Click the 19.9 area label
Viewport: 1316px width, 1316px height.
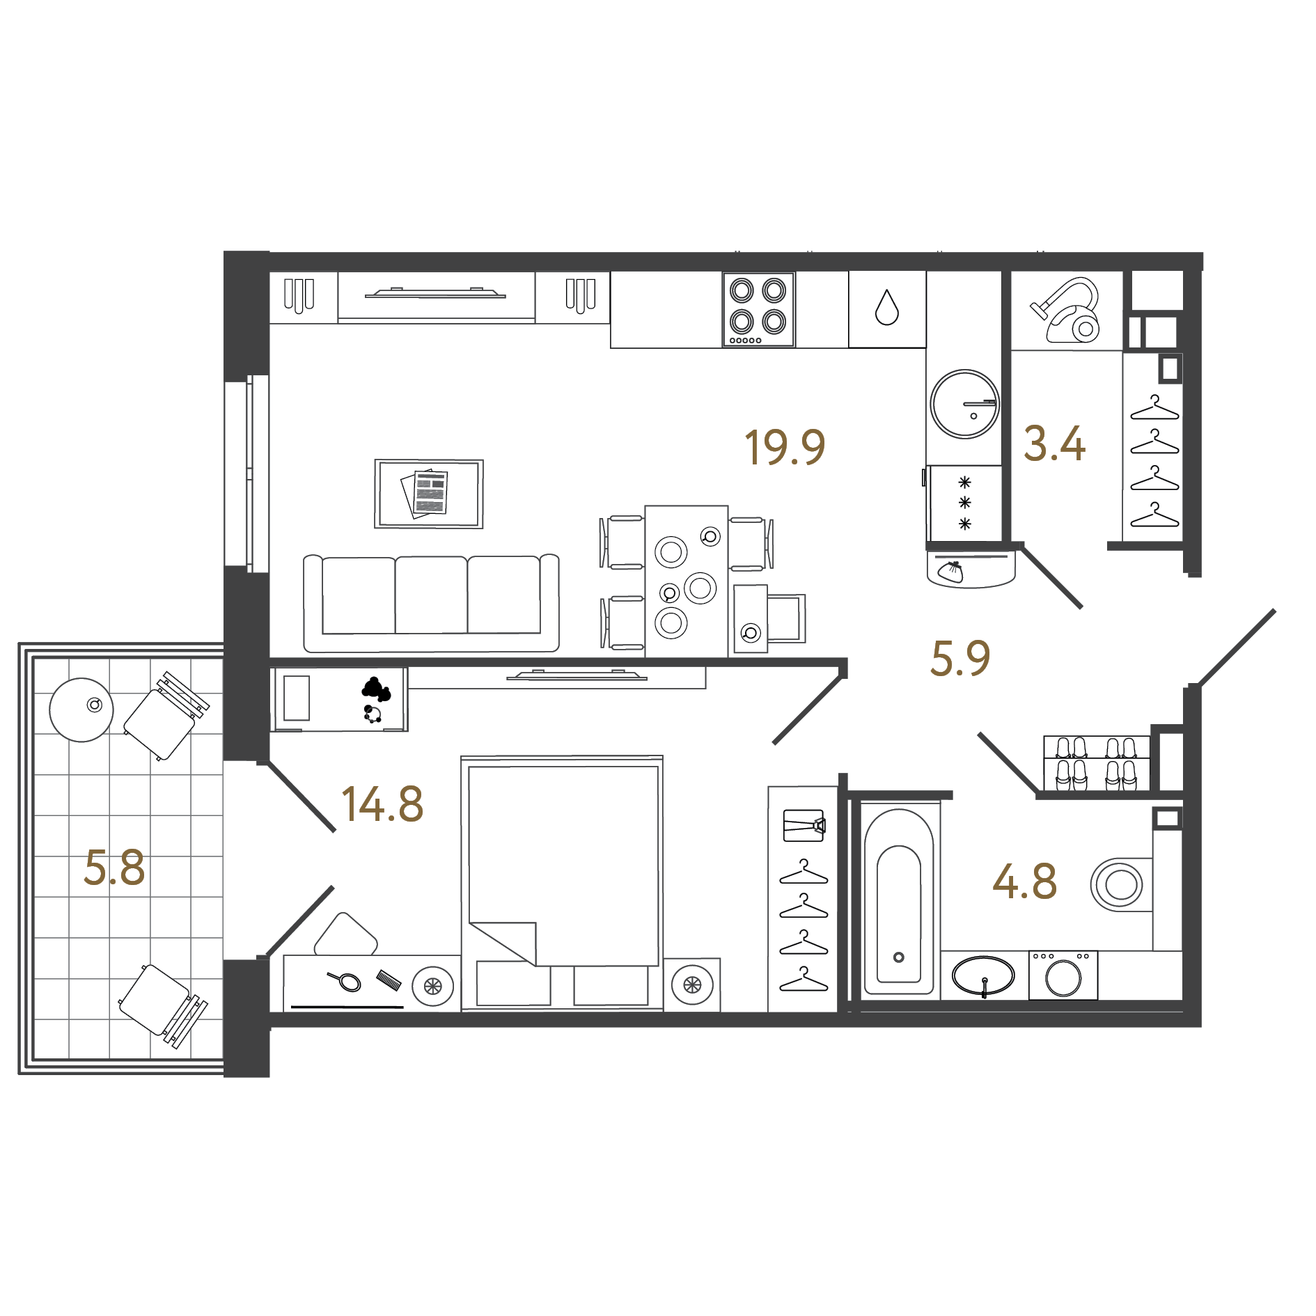point(785,447)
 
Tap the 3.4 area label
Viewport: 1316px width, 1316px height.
point(1054,444)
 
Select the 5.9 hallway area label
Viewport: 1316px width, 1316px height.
point(960,659)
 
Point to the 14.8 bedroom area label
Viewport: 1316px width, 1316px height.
point(382,804)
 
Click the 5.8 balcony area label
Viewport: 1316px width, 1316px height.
point(114,868)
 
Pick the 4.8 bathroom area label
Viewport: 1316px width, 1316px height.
point(1024,882)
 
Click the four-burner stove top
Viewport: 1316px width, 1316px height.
point(758,309)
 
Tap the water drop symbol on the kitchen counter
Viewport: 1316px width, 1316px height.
point(887,307)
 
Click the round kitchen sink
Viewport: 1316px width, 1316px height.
point(964,404)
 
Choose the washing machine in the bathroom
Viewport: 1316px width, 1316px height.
point(1063,976)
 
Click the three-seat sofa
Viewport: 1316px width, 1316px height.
point(431,603)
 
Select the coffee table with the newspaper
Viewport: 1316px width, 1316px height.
point(429,493)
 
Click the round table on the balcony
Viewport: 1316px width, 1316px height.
point(81,710)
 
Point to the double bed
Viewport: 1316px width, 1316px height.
point(562,881)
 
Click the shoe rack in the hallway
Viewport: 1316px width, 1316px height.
point(1096,763)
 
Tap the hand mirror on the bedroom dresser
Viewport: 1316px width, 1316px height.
point(346,982)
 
